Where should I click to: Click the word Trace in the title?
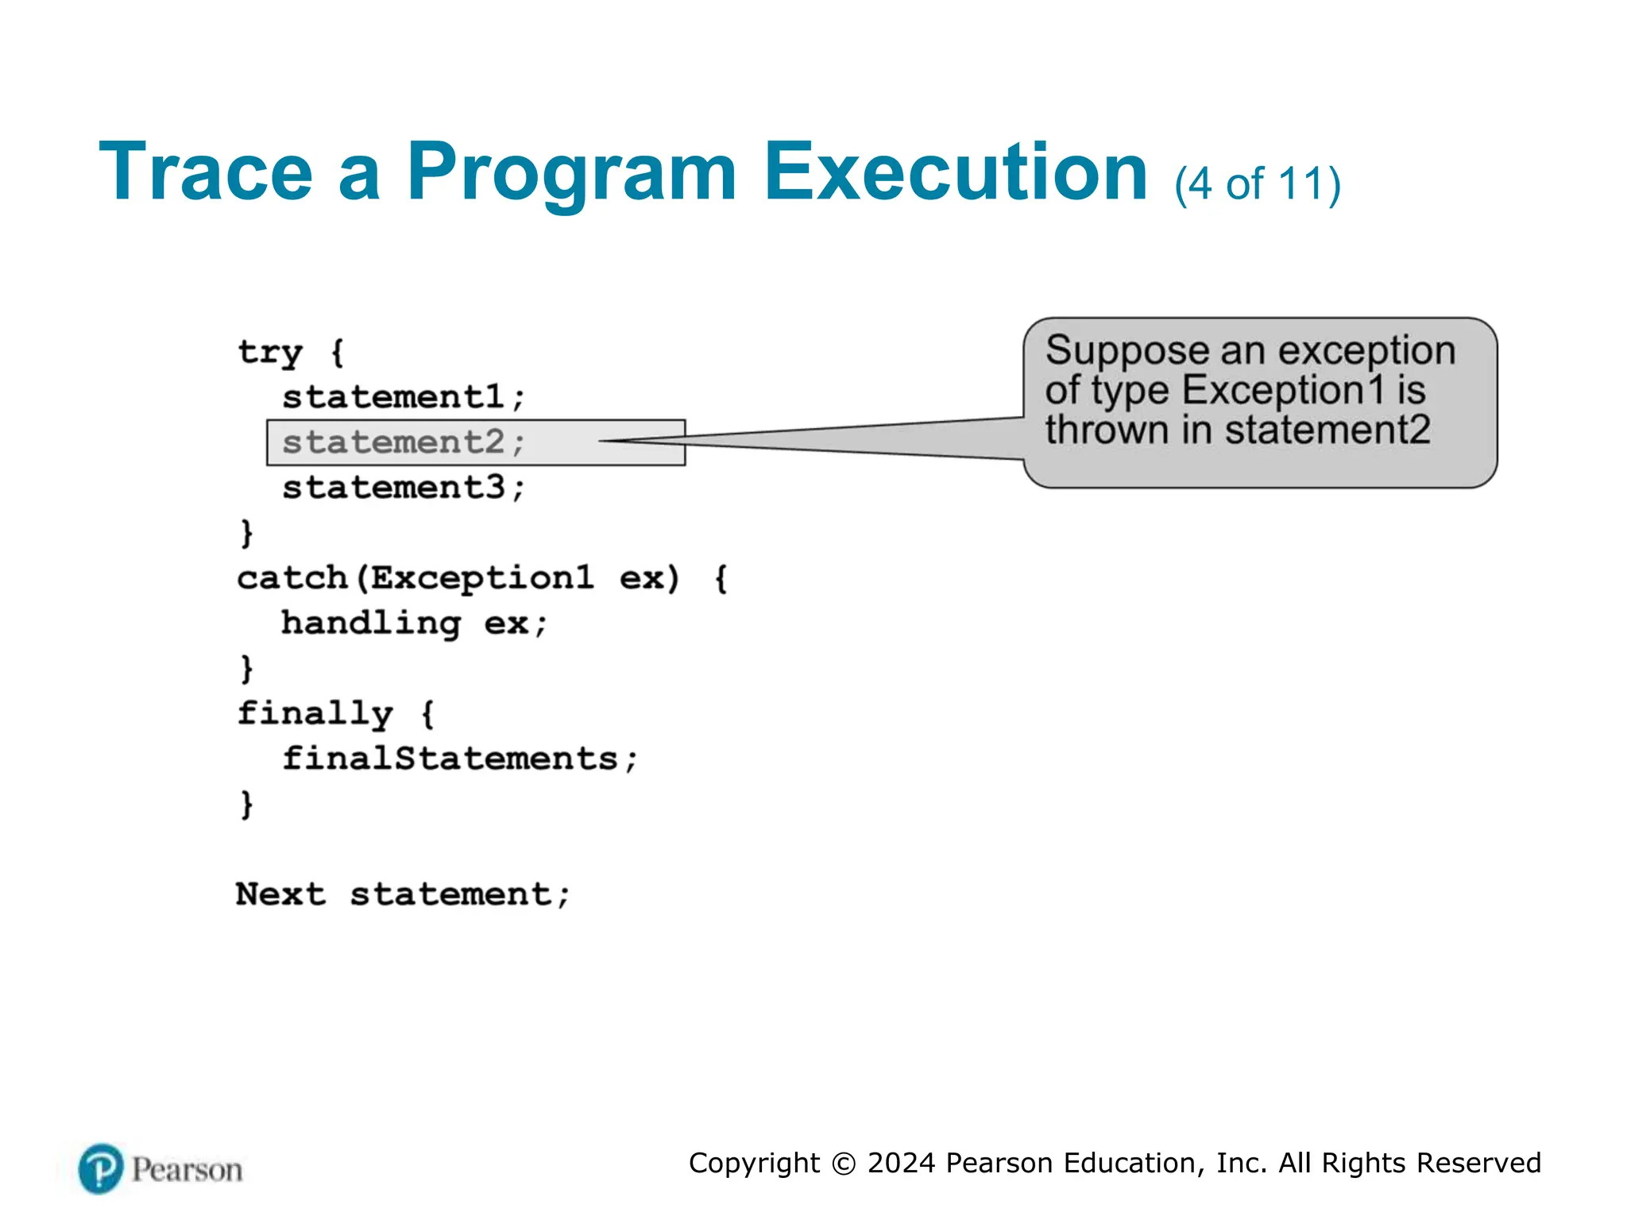(x=206, y=172)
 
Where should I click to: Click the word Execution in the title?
(x=956, y=172)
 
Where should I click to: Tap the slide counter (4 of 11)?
(x=1258, y=184)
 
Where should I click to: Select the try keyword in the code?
(x=270, y=352)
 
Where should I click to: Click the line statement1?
(x=404, y=397)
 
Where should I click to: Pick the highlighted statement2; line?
(x=404, y=442)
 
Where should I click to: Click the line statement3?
(x=404, y=488)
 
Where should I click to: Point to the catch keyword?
(x=292, y=578)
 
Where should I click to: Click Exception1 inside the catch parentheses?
(x=482, y=578)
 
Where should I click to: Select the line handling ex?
(x=414, y=624)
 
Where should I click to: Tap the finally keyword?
(x=315, y=714)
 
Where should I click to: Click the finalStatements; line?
(x=460, y=759)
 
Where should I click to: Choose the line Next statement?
(x=403, y=895)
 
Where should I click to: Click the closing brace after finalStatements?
(x=247, y=805)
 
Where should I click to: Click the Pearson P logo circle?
(x=101, y=1168)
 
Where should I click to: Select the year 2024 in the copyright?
(x=902, y=1163)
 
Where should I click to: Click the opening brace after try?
(x=337, y=352)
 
